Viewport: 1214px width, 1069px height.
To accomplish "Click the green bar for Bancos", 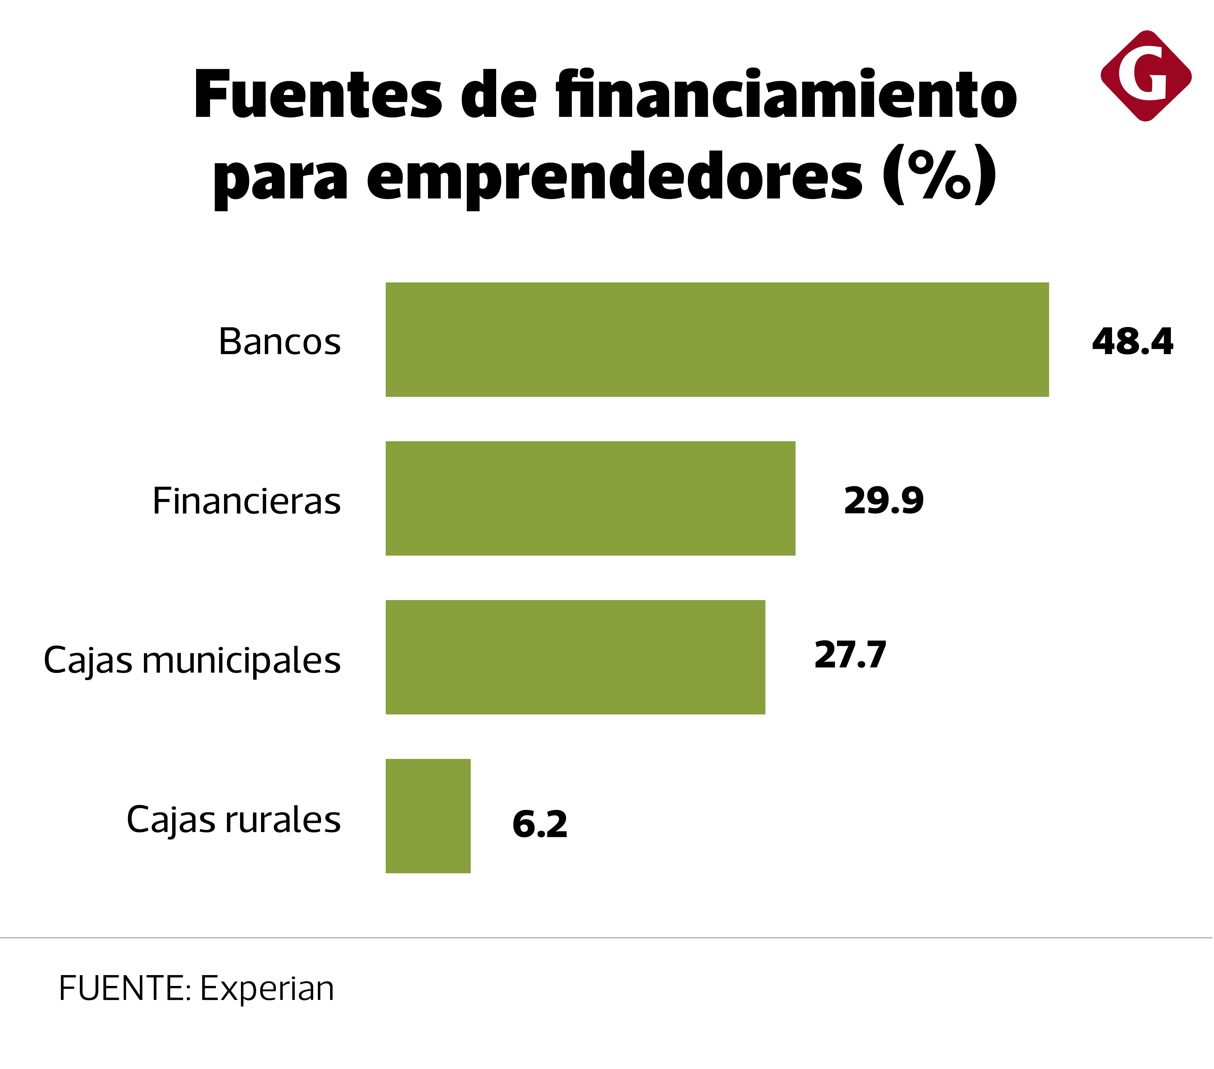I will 717,339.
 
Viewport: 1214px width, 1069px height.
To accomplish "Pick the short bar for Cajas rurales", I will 428,816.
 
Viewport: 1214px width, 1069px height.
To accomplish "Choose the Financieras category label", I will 246,501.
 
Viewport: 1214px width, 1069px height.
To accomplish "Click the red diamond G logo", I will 1146,76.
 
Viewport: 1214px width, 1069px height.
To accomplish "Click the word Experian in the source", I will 267,989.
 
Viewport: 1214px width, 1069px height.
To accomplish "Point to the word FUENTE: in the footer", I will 125,989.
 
